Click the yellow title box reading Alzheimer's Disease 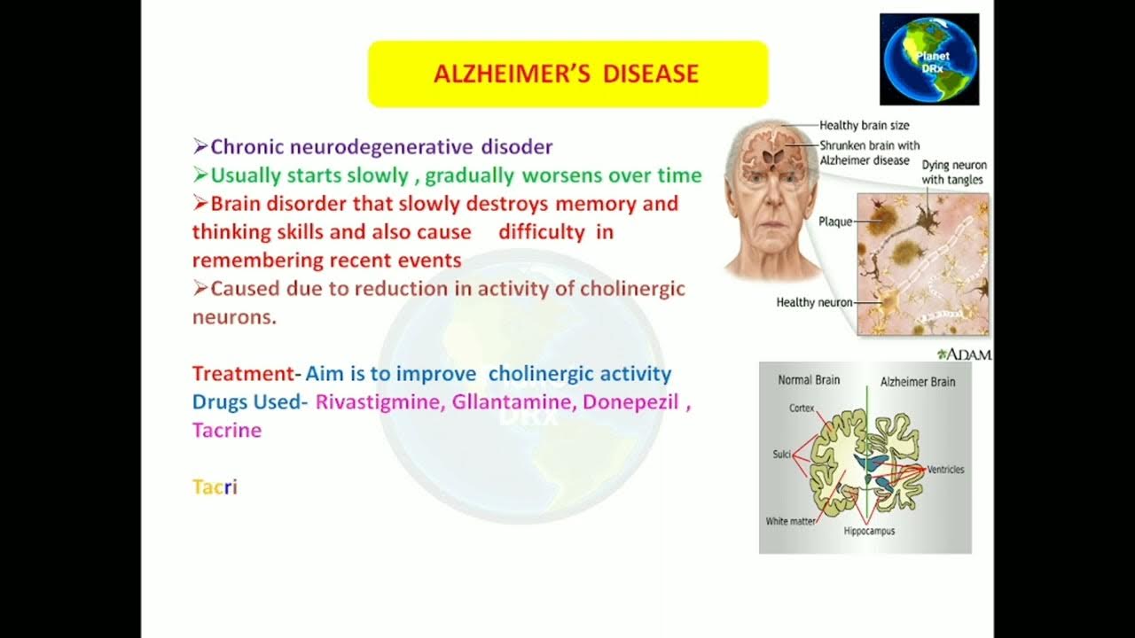tap(567, 74)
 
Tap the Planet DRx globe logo tap(929, 59)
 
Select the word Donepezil tap(630, 401)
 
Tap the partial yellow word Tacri tap(215, 486)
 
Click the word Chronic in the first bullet tap(243, 147)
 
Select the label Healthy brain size tap(864, 126)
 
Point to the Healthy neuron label tap(814, 302)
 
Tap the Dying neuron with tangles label tap(953, 173)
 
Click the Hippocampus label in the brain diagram tap(869, 532)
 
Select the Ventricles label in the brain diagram tap(945, 469)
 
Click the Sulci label tap(780, 454)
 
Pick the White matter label tap(789, 521)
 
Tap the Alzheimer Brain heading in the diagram tap(917, 382)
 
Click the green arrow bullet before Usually tap(200, 175)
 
